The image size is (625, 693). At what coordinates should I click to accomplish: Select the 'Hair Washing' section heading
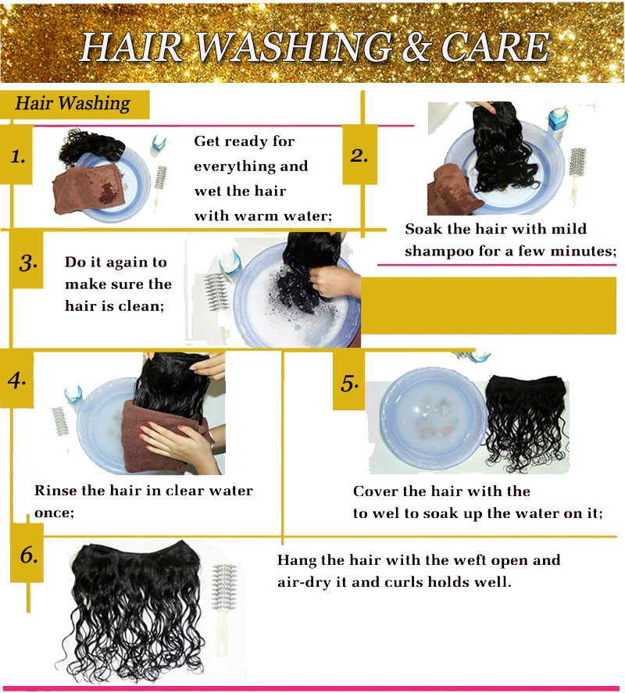73,103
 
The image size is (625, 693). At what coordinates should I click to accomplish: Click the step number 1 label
18,156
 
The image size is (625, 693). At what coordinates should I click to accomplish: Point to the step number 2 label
359,155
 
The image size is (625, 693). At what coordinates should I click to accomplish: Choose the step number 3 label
28,263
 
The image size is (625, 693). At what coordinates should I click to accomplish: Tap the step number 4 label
16,380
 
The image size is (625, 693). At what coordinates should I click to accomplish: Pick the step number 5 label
349,383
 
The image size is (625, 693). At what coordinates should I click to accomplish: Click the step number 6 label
29,555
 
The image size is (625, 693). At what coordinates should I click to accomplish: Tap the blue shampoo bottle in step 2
558,121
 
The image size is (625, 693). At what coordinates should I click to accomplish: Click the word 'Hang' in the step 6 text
297,561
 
